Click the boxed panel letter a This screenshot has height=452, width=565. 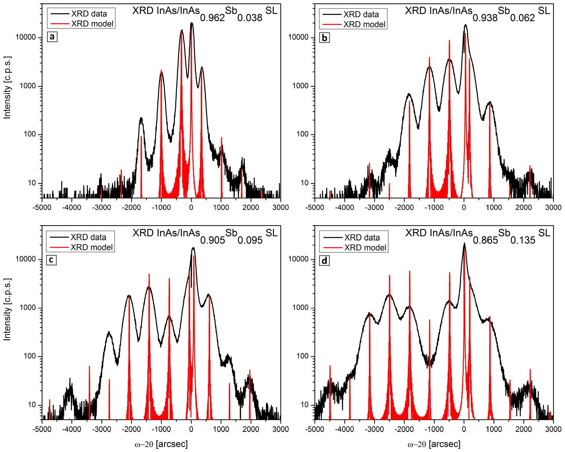52,36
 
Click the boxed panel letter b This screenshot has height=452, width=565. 324,37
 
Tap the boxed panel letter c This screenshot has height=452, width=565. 51,260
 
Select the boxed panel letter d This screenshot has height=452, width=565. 324,261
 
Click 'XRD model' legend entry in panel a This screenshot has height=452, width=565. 92,24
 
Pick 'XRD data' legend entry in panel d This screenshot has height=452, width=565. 362,237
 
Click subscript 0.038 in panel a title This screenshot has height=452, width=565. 250,18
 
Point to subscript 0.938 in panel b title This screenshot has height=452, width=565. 485,18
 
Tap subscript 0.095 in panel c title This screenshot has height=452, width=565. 250,240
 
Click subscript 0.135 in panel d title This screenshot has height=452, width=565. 523,240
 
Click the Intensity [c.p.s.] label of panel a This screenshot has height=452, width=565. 7,88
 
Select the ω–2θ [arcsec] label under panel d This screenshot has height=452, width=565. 434,444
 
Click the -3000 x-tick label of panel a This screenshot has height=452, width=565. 101,208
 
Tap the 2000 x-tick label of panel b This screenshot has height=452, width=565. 524,208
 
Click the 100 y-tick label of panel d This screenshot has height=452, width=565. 302,356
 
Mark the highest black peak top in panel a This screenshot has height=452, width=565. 192,23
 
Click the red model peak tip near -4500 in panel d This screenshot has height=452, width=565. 330,366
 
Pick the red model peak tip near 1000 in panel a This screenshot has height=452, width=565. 221,137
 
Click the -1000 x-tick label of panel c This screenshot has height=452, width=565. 161,429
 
